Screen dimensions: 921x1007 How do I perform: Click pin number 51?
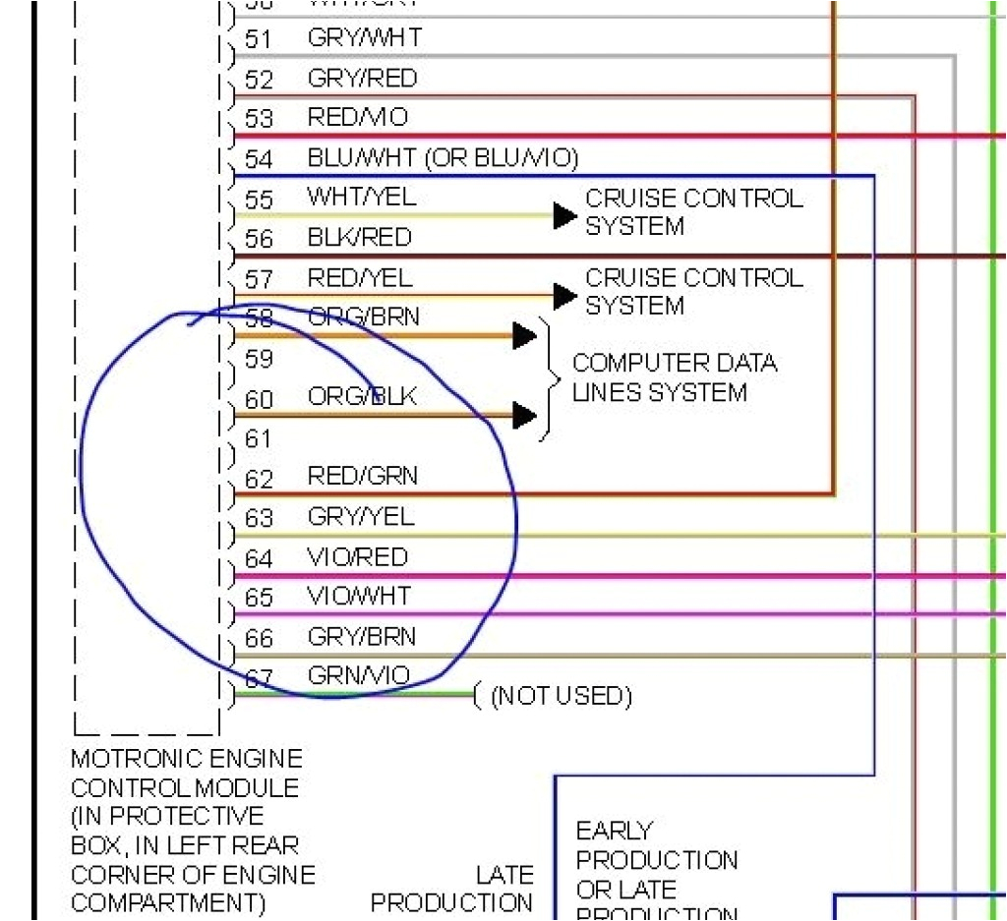(x=259, y=39)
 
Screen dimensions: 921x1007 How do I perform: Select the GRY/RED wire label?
(x=362, y=78)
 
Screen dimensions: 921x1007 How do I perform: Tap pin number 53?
(x=259, y=120)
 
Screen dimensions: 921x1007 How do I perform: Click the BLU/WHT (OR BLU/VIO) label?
(x=443, y=157)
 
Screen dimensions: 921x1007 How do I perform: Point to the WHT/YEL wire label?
(x=361, y=197)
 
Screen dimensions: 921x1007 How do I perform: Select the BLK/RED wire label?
(x=359, y=238)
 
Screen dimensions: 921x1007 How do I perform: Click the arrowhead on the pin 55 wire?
(x=563, y=215)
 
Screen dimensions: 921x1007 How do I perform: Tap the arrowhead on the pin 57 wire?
(x=563, y=295)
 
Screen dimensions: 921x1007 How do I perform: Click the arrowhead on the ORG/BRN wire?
(x=524, y=336)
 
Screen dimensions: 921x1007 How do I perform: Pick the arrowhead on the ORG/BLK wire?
(x=524, y=416)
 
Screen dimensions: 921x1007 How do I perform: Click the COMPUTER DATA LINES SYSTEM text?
(x=674, y=378)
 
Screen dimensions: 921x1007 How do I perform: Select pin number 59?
(x=259, y=359)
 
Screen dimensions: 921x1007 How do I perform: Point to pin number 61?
(x=259, y=438)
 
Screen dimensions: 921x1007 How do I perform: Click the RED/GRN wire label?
(x=362, y=477)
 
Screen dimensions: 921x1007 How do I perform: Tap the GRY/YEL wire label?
(x=361, y=516)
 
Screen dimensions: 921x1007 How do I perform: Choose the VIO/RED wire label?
(x=357, y=557)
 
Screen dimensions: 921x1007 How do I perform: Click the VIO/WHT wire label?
(x=359, y=597)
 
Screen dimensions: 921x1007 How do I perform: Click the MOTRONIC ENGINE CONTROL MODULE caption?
(x=186, y=831)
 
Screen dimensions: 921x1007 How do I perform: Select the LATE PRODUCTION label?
(x=451, y=889)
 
